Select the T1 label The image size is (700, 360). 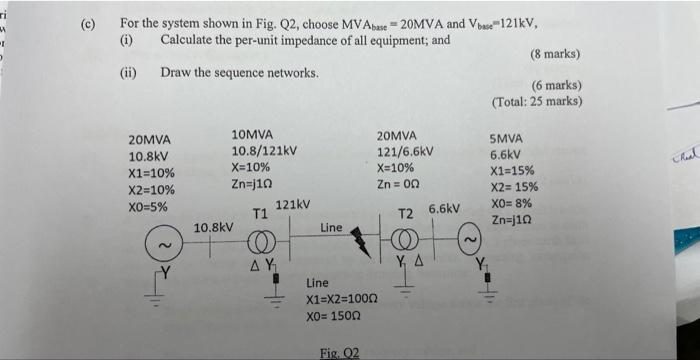259,214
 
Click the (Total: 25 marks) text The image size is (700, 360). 537,102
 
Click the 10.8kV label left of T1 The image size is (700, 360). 213,228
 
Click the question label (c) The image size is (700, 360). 87,23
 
